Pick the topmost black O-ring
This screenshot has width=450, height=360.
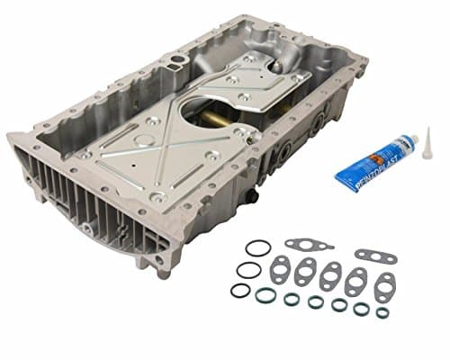pos(257,247)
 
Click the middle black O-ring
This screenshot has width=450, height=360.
pos(248,269)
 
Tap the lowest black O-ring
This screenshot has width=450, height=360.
pos(240,290)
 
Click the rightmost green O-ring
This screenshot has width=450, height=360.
pos(382,312)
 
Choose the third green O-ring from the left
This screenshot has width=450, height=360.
pos(315,301)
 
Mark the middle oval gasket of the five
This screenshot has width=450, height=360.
pos(330,276)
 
